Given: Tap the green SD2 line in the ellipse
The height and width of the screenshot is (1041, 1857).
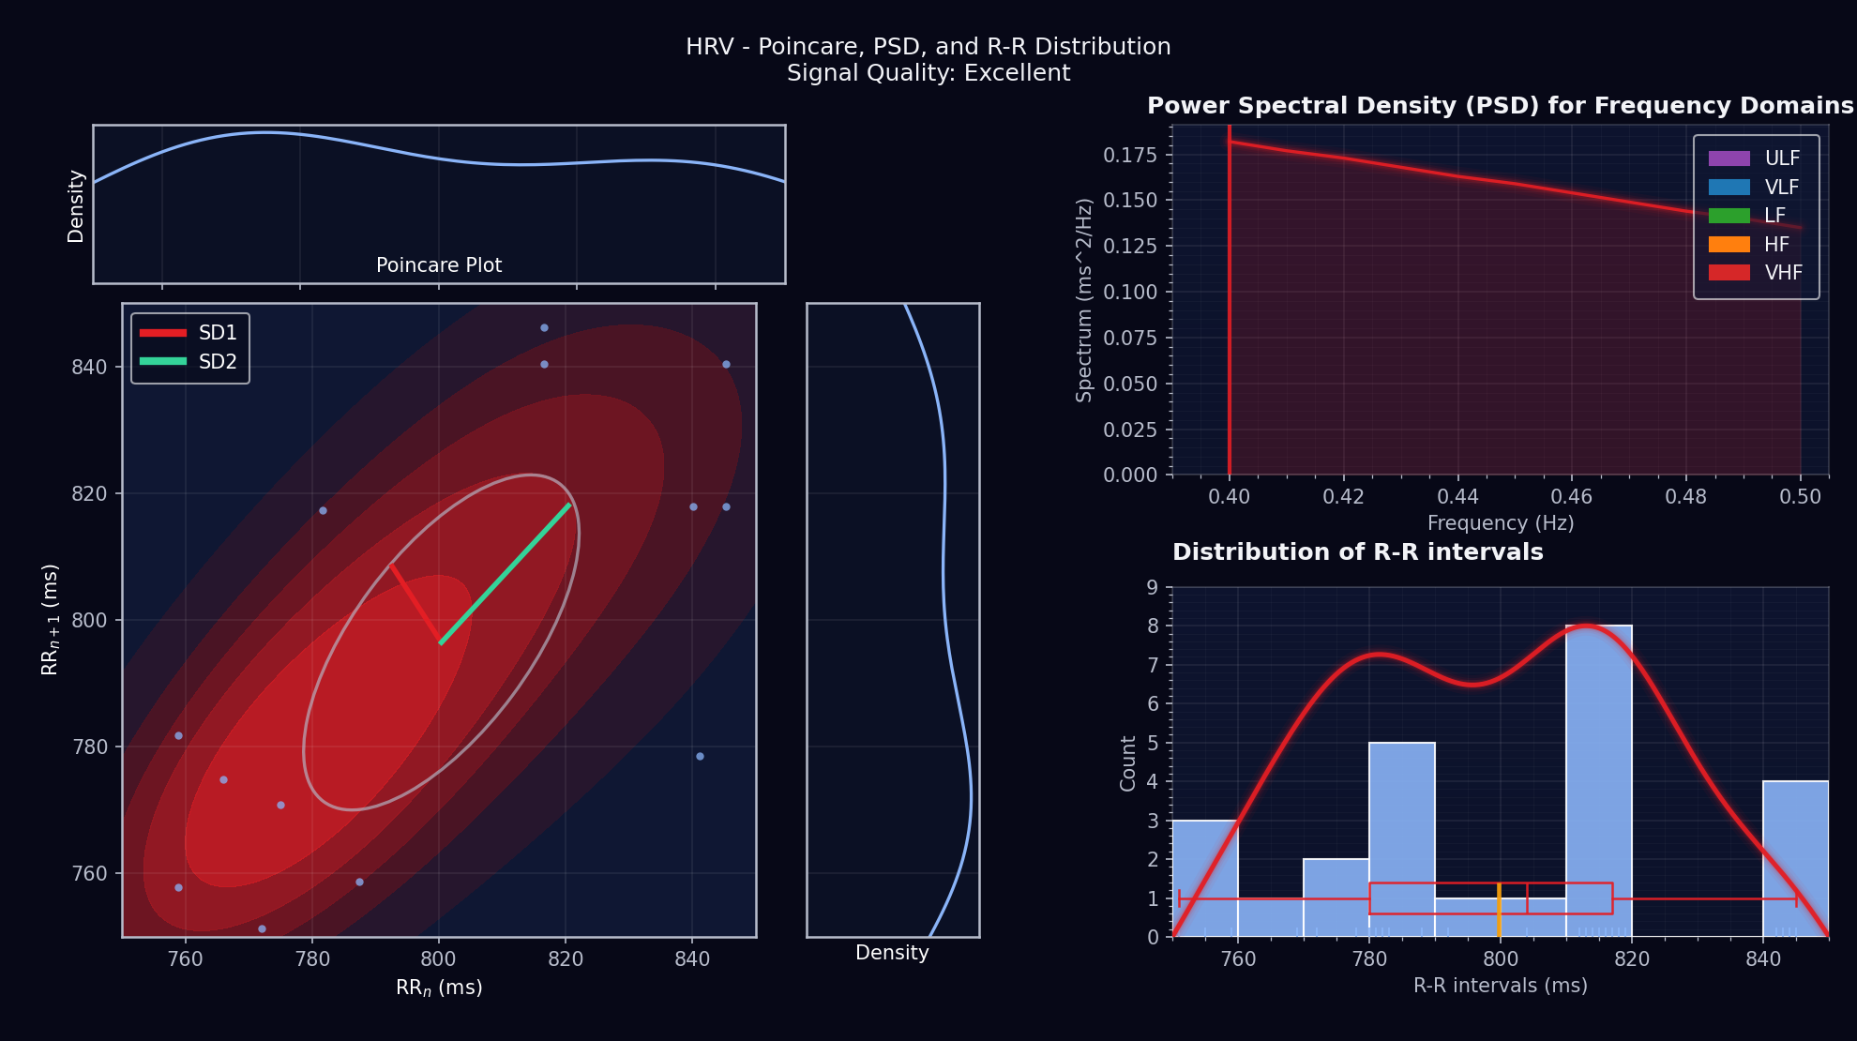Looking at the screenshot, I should [x=506, y=572].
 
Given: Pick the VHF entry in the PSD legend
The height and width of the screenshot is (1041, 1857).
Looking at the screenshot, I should [x=1755, y=273].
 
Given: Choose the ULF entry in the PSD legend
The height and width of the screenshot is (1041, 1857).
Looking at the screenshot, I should [x=1755, y=158].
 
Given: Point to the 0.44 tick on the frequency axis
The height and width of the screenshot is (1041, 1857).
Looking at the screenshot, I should [x=1457, y=496].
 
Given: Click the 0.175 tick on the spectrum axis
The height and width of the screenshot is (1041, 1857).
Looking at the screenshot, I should [x=1130, y=155].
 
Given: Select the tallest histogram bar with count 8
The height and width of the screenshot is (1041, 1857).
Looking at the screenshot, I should [x=1598, y=778].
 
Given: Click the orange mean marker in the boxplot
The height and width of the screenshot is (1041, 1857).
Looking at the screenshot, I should [x=1499, y=910].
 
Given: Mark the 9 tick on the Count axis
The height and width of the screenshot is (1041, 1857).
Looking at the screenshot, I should [x=1153, y=588].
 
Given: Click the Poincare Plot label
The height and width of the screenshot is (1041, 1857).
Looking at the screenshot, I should [x=439, y=265].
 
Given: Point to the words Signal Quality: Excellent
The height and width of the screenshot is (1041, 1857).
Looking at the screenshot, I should [x=928, y=73].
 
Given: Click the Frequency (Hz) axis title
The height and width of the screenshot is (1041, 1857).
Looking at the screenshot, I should [x=1501, y=523].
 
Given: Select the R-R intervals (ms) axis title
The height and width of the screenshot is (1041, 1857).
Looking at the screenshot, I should [x=1501, y=986].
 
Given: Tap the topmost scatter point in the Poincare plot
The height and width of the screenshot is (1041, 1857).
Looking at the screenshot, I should [x=544, y=328].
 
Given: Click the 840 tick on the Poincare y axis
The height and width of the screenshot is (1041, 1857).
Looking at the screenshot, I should [x=89, y=367].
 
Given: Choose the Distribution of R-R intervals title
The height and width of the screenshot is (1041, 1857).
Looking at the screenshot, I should [x=1357, y=552].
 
